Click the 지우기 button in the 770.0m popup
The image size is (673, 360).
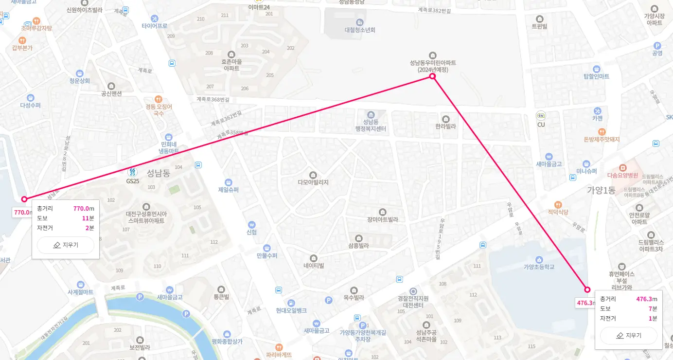pos(66,245)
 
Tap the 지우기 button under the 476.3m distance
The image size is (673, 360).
pos(628,335)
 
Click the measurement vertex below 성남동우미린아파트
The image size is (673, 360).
pos(432,77)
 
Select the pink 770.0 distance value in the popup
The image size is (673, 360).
pos(81,209)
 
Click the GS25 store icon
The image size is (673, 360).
pos(132,172)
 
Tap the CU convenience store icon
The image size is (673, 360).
pos(541,116)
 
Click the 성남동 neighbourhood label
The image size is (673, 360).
pos(159,173)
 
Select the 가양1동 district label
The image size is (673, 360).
pos(601,190)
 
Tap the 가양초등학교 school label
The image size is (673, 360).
pos(539,267)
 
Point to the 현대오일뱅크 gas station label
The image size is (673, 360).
pos(291,310)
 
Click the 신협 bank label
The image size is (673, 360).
pos(251,232)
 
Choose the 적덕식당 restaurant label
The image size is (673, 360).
pos(558,212)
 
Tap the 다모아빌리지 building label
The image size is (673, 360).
pos(313,182)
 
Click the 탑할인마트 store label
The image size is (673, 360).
pos(596,76)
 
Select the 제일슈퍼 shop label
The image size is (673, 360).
pos(229,190)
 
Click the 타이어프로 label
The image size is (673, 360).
pos(155,25)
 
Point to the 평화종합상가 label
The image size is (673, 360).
pos(227,341)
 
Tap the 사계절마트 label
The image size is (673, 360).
pos(80,292)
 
